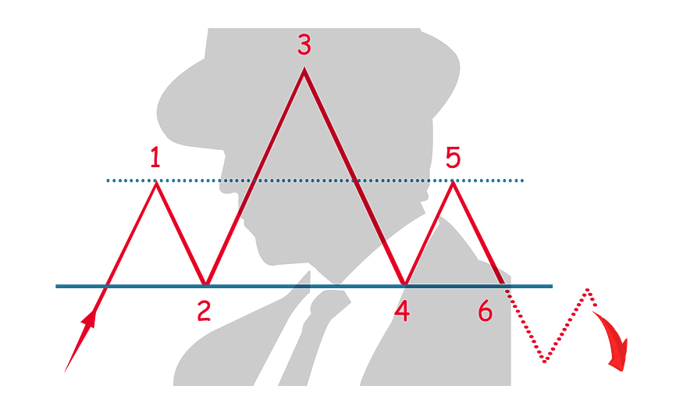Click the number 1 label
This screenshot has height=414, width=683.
coord(155,159)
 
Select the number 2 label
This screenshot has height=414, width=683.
coord(204,312)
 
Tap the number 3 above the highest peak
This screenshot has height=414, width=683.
coord(304,45)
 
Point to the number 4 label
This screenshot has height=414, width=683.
coord(401,312)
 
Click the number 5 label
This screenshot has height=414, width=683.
coord(453,157)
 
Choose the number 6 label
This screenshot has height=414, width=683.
coord(485,312)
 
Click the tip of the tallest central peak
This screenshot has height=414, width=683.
coord(304,70)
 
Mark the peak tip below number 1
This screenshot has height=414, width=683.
coord(156,183)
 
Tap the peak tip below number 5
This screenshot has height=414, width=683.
coord(452,184)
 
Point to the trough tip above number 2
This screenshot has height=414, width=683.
coord(205,280)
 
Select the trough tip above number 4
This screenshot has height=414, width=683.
coord(403,280)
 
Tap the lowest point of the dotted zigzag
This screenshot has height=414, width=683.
coord(544,362)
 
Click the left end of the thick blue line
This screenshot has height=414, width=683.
coord(55,286)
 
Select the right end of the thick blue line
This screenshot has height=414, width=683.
coord(554,286)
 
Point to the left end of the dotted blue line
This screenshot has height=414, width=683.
coord(106,180)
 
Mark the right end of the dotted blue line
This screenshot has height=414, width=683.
coord(525,180)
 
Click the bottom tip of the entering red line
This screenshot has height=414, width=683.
coord(63,374)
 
